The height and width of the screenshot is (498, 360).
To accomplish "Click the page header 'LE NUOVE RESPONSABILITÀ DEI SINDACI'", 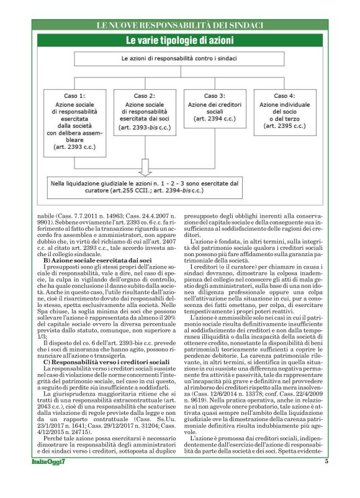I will tap(180, 25).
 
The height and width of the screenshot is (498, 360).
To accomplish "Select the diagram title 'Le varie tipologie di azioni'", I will tap(180, 41).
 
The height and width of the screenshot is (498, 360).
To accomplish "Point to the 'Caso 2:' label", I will tap(145, 97).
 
